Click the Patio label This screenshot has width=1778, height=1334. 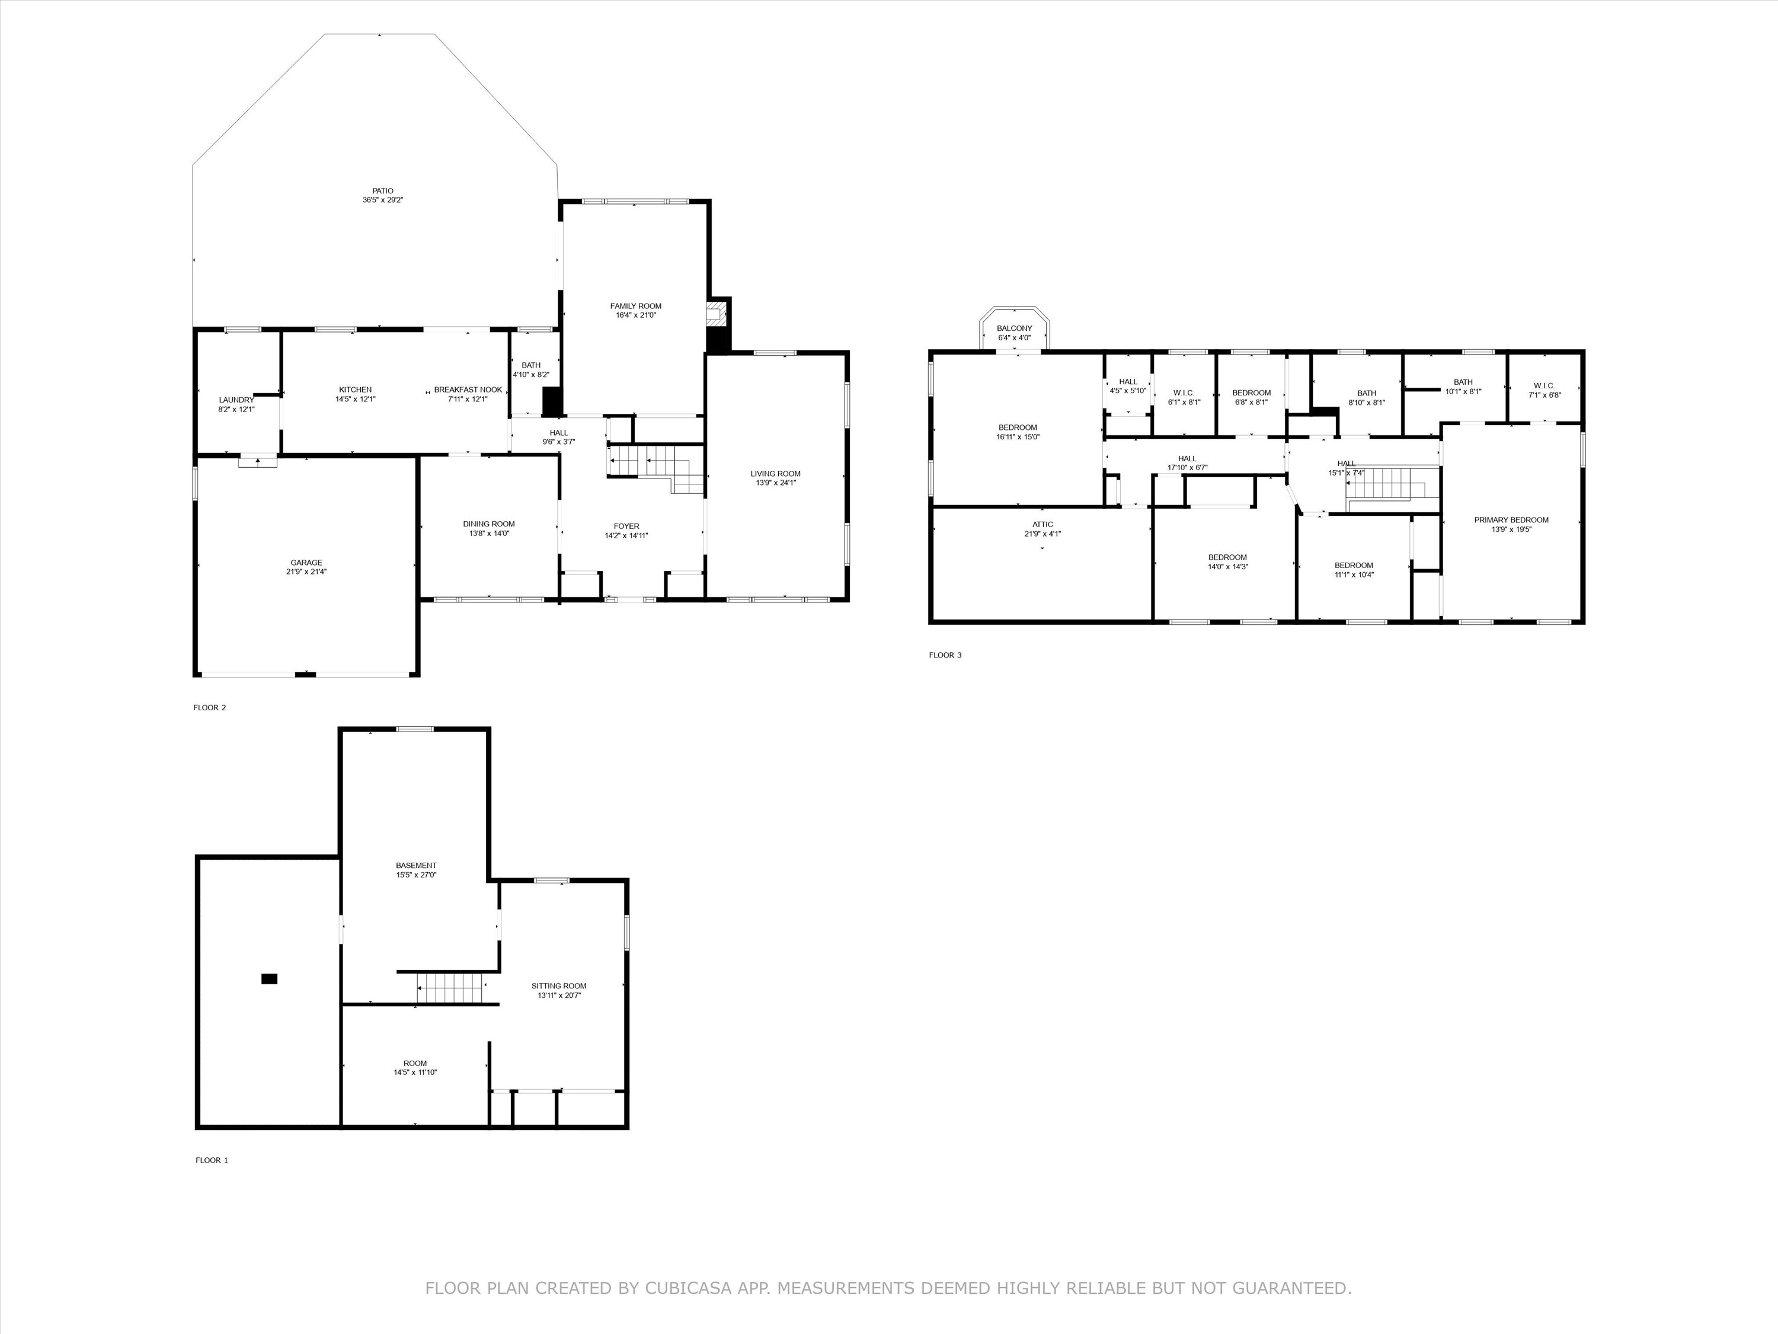point(383,190)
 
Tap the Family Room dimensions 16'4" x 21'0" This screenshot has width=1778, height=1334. point(636,315)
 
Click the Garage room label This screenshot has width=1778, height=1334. point(306,563)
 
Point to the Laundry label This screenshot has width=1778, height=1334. point(236,400)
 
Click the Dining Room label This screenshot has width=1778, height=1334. point(489,524)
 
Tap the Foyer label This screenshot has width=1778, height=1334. point(626,526)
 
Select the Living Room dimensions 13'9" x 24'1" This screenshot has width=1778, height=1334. point(776,483)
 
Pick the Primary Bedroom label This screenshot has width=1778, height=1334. point(1511,520)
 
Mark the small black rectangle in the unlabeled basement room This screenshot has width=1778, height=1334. point(269,979)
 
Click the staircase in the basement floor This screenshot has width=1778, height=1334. point(449,987)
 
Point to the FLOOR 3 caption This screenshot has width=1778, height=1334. point(945,655)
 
